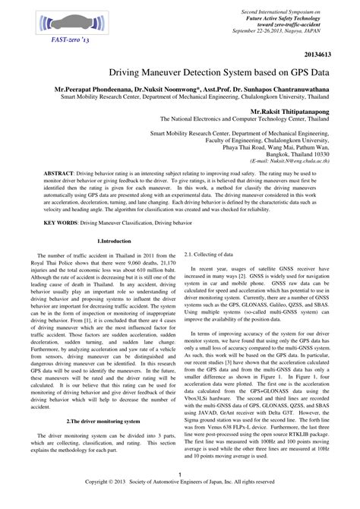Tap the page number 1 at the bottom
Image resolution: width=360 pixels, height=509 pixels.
click(x=180, y=496)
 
